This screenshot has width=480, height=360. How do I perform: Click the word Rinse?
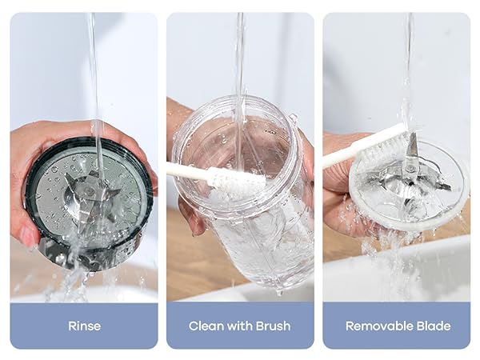83,326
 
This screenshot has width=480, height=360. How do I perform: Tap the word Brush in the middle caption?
272,326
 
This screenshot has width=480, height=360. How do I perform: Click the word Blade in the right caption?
433,326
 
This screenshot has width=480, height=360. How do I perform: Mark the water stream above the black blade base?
93,72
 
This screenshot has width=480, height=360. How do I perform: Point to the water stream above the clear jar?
238,56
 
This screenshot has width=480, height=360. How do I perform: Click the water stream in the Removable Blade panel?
407,64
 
